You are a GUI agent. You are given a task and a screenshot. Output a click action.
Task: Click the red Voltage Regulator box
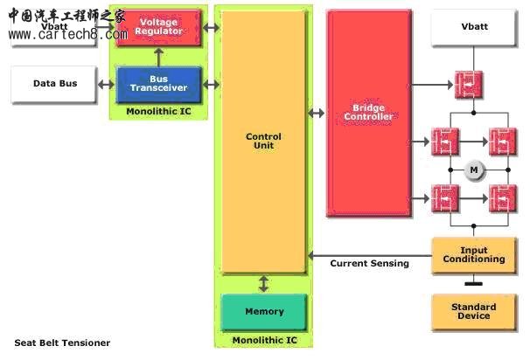point(158,26)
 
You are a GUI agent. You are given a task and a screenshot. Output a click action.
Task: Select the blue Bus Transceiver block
point(158,85)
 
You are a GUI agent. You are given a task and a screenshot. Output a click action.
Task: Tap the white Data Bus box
point(54,84)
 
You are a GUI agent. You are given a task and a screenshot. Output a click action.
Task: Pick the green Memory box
point(264,312)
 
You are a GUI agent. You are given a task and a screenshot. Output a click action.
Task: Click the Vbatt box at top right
point(474,27)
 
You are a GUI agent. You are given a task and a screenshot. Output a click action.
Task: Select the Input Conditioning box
point(474,255)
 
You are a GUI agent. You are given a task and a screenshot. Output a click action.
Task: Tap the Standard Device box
point(474,311)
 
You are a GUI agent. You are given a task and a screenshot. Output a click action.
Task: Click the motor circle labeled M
point(474,170)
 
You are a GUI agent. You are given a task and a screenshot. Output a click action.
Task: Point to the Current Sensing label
point(369,263)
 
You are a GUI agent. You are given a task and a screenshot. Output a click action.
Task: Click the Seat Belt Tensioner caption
point(62,343)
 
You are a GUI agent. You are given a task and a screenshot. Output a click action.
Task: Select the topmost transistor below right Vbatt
point(469,85)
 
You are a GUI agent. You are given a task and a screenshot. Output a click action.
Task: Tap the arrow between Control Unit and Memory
point(263,284)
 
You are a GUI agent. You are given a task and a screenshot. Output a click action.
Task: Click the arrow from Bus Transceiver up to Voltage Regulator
point(158,57)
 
